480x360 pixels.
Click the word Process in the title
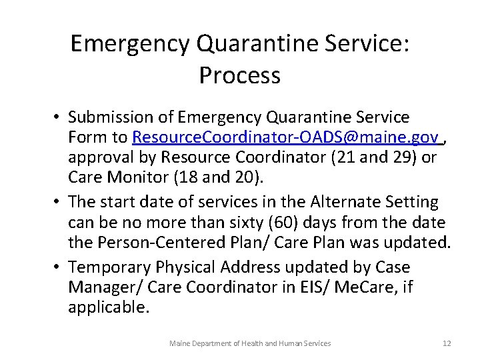[239, 75]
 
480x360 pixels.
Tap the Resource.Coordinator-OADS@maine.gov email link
[286, 137]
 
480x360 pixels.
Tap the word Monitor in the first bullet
[133, 177]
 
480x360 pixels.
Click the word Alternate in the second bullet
[340, 202]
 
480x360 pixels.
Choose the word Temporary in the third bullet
[109, 267]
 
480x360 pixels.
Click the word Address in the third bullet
[245, 267]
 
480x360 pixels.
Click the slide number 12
[446, 343]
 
